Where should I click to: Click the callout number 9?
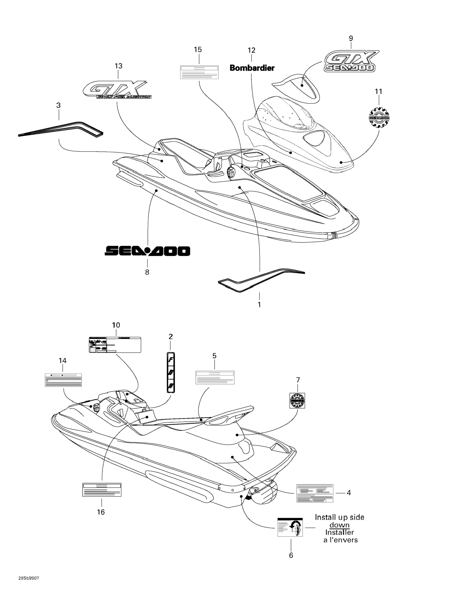(x=351, y=38)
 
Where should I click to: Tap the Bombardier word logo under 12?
(x=252, y=68)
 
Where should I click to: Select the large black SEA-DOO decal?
(x=147, y=251)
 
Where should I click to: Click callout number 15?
(x=198, y=50)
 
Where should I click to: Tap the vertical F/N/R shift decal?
(x=171, y=372)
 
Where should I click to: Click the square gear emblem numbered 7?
(x=297, y=400)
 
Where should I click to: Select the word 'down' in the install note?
(x=339, y=525)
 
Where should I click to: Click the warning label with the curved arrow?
(x=290, y=527)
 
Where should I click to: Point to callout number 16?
(x=101, y=512)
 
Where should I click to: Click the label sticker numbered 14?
(x=63, y=380)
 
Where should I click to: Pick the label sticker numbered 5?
(x=215, y=377)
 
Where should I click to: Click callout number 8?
(x=147, y=272)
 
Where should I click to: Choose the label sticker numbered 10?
(x=115, y=345)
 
